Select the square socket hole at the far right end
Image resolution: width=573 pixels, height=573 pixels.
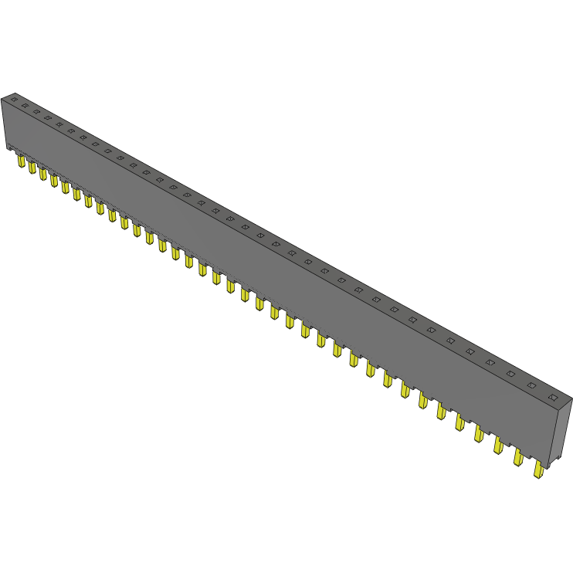(553, 397)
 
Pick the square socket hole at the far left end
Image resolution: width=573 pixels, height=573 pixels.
(13, 100)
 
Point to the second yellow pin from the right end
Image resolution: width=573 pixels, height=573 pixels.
(518, 457)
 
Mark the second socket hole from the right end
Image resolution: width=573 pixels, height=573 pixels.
(531, 385)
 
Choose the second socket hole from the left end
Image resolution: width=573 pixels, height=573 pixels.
(25, 106)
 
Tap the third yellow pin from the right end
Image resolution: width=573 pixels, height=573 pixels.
(498, 445)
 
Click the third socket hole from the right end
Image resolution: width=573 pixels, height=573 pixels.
(510, 373)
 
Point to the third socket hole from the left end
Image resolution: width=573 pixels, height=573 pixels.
(36, 112)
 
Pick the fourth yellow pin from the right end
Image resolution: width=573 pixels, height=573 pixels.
(479, 433)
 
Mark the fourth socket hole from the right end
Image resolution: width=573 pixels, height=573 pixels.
(490, 361)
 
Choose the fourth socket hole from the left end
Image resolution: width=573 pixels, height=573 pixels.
(48, 118)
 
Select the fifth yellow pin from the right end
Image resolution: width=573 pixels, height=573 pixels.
(460, 422)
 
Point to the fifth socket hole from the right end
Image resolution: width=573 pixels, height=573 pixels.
(470, 351)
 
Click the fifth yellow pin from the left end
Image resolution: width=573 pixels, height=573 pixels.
(66, 187)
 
